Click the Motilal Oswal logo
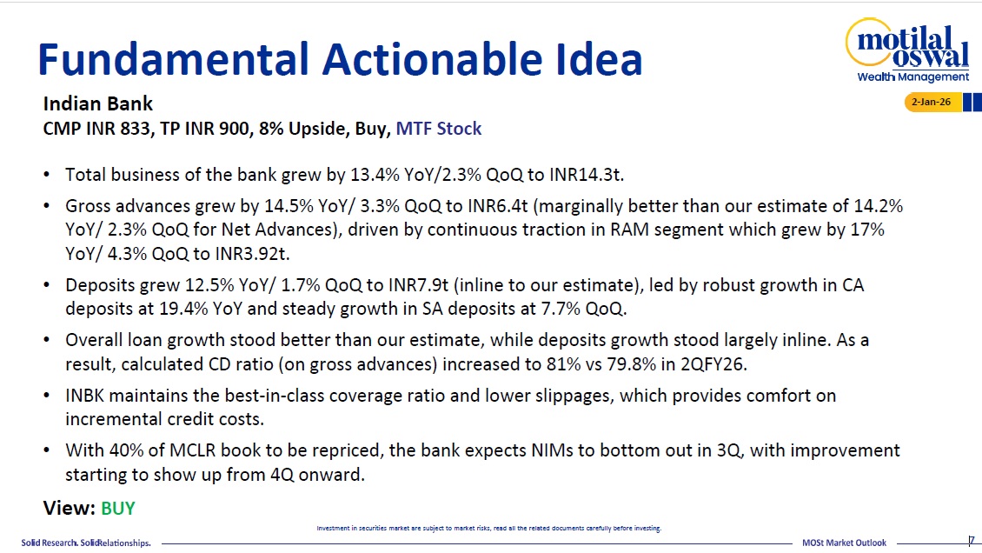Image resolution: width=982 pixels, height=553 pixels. (907, 50)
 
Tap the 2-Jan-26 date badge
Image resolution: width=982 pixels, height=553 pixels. (932, 102)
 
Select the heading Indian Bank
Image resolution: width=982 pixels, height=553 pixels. (97, 103)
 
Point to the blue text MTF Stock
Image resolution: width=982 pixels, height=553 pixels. (438, 129)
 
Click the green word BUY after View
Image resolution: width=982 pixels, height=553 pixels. (117, 508)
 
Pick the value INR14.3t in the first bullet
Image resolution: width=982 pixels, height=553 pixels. (587, 175)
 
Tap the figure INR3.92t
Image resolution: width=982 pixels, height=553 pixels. (252, 254)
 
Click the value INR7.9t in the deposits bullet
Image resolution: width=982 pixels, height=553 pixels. (418, 285)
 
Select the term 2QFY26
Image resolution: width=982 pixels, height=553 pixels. (713, 364)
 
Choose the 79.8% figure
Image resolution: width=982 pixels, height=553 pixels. (631, 364)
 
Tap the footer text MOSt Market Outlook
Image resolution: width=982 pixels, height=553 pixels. (844, 543)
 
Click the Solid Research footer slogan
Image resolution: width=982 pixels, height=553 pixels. (86, 543)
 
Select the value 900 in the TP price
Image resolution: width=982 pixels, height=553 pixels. (235, 129)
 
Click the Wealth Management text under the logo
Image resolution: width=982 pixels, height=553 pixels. (912, 77)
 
